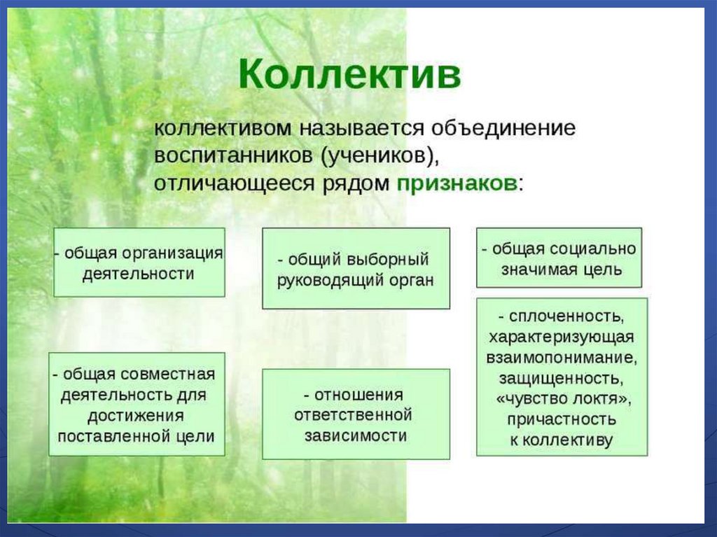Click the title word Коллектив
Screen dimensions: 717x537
pos(350,74)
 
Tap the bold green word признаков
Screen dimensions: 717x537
pos(457,184)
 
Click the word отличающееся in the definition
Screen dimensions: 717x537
pos(235,184)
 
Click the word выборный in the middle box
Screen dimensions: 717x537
pos(388,260)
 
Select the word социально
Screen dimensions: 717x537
pos(593,249)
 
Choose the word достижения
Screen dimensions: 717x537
pos(136,417)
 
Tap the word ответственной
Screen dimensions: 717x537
pos(353,415)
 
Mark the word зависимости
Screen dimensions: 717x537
pos(356,436)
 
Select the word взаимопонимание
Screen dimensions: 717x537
pos(562,358)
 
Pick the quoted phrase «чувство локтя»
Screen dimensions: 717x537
pos(562,399)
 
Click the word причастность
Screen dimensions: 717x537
pos(562,420)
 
